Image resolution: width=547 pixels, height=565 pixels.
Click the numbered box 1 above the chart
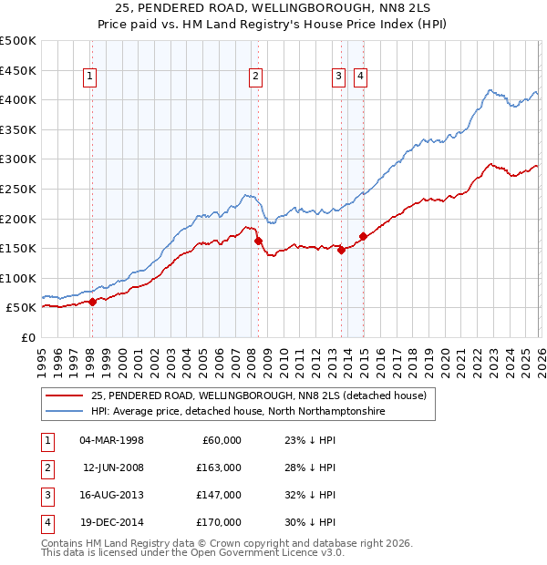pyautogui.click(x=91, y=77)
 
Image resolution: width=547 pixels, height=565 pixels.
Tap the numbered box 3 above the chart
pyautogui.click(x=338, y=77)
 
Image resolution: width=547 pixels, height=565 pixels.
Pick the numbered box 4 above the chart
pyautogui.click(x=361, y=77)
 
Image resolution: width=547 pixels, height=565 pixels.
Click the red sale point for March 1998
pyautogui.click(x=92, y=302)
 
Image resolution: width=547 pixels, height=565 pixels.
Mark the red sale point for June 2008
pyautogui.click(x=258, y=241)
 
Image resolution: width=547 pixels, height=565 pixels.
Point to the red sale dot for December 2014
pyautogui.click(x=363, y=236)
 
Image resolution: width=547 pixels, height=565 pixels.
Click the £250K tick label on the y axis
pyautogui.click(x=18, y=189)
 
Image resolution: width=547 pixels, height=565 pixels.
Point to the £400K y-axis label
pyautogui.click(x=18, y=99)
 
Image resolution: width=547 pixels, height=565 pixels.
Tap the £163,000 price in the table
pyautogui.click(x=219, y=467)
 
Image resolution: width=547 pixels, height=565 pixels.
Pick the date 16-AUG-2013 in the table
pyautogui.click(x=111, y=495)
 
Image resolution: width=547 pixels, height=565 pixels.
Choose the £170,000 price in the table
pyautogui.click(x=219, y=522)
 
